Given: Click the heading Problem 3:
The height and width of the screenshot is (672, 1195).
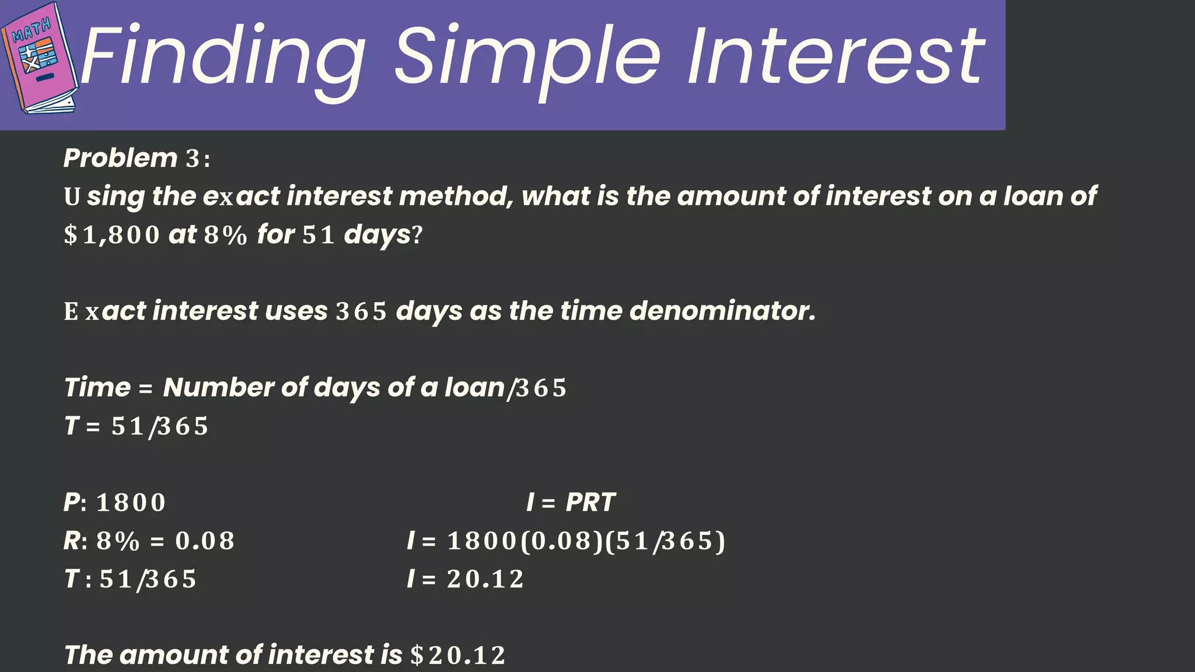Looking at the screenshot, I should (x=137, y=158).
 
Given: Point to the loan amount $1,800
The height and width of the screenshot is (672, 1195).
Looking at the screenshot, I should (x=111, y=235).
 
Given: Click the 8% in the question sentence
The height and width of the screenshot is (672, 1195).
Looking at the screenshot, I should (x=226, y=235).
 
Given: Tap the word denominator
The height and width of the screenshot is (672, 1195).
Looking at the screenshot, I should (x=722, y=311).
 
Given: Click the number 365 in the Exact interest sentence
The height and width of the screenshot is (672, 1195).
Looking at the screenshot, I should (x=361, y=311).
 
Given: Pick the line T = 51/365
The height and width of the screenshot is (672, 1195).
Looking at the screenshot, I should (x=136, y=426).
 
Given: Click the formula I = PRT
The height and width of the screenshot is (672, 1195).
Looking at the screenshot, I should (x=570, y=502).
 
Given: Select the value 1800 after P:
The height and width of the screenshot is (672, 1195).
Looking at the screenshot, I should (x=131, y=502).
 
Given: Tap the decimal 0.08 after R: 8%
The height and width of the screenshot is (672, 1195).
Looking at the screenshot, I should (x=205, y=541).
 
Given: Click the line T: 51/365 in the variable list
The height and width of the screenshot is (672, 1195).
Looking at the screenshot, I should (x=130, y=579).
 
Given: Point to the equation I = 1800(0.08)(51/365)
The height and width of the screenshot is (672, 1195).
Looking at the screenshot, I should (x=566, y=541).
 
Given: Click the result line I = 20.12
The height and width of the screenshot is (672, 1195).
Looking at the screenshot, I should (x=465, y=579).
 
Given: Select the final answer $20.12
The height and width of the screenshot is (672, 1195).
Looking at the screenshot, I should (x=457, y=655).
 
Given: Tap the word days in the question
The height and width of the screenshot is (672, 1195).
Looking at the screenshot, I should (x=378, y=235).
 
